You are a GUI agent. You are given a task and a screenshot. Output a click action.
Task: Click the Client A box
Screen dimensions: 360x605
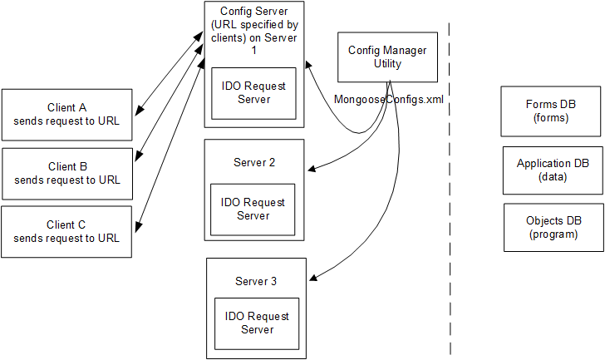tap(67, 114)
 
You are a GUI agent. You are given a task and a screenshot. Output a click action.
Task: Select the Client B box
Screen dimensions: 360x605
tap(67, 173)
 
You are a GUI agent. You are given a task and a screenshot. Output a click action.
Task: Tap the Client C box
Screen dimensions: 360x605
tap(67, 231)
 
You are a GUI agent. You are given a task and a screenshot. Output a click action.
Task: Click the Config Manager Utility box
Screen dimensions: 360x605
tap(386, 57)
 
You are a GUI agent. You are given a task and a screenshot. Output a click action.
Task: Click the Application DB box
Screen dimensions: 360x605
tap(553, 170)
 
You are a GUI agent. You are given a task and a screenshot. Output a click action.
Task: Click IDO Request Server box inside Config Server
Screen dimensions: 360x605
tap(253, 93)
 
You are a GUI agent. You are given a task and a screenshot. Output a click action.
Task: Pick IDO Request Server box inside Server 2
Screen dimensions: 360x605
tap(252, 209)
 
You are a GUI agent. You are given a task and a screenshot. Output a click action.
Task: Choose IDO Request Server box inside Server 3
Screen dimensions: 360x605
tap(257, 323)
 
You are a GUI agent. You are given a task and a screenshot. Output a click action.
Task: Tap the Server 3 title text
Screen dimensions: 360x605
tap(257, 281)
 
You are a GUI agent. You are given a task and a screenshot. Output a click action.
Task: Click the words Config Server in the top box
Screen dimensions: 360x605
tap(253, 11)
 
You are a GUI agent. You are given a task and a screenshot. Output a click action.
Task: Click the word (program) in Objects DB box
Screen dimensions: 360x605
tap(553, 234)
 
